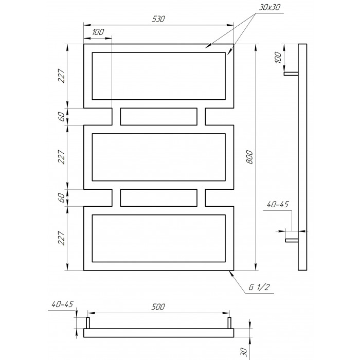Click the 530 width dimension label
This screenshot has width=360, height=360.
coord(158,19)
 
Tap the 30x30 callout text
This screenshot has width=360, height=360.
coord(269,7)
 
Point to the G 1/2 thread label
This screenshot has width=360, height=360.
coord(259,287)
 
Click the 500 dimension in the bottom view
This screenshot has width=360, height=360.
coord(158,307)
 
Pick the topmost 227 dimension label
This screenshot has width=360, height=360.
coord(62,76)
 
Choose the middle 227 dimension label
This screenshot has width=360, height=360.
coord(62,157)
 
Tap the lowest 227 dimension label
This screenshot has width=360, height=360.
coord(62,238)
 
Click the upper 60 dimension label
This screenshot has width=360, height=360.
coord(62,117)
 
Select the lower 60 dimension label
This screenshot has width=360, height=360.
coord(62,197)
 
